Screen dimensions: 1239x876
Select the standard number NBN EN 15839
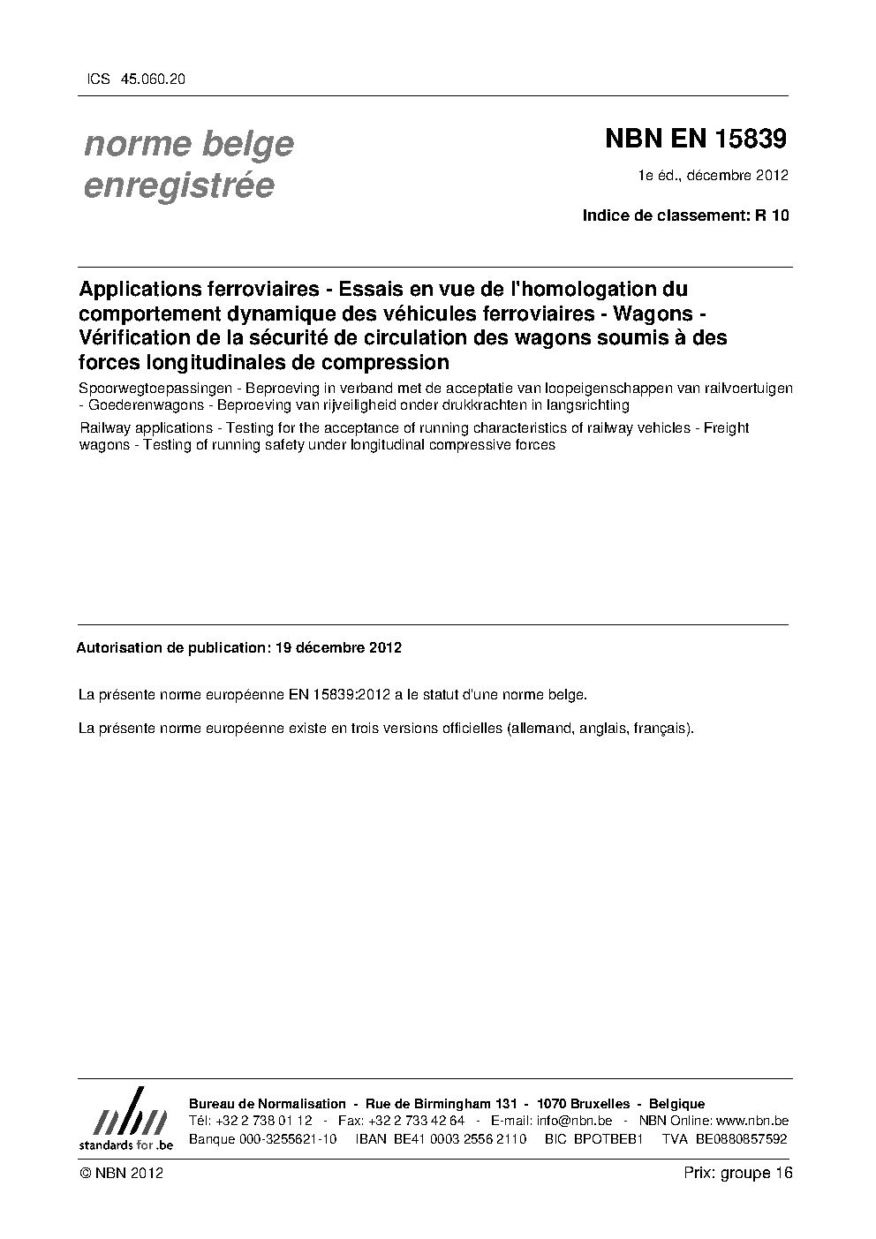click(695, 140)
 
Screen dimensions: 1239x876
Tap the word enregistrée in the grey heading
click(178, 186)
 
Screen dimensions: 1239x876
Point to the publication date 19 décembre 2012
click(338, 647)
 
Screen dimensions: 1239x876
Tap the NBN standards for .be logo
click(125, 1119)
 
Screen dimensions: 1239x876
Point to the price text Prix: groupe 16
click(738, 1173)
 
